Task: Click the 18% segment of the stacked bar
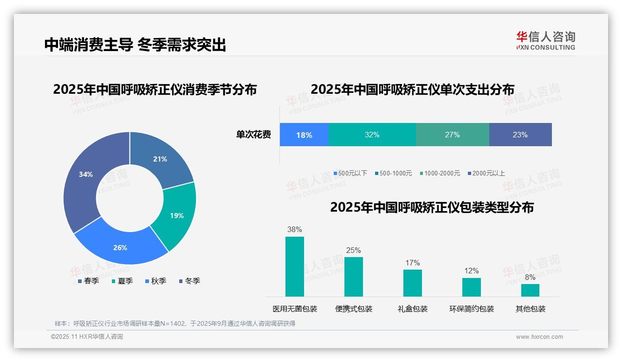[x=304, y=135]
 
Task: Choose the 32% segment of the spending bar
[x=372, y=135]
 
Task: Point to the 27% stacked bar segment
[x=452, y=135]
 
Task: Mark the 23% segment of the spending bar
[x=520, y=135]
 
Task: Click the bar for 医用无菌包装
[x=294, y=266]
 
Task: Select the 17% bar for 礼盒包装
[x=412, y=283]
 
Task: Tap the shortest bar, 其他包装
[x=530, y=290]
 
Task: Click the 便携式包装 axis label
[x=354, y=309]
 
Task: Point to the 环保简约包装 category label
[x=472, y=309]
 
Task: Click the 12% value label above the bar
[x=472, y=271]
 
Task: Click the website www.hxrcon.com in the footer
[x=539, y=337]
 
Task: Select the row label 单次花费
[x=253, y=135]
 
